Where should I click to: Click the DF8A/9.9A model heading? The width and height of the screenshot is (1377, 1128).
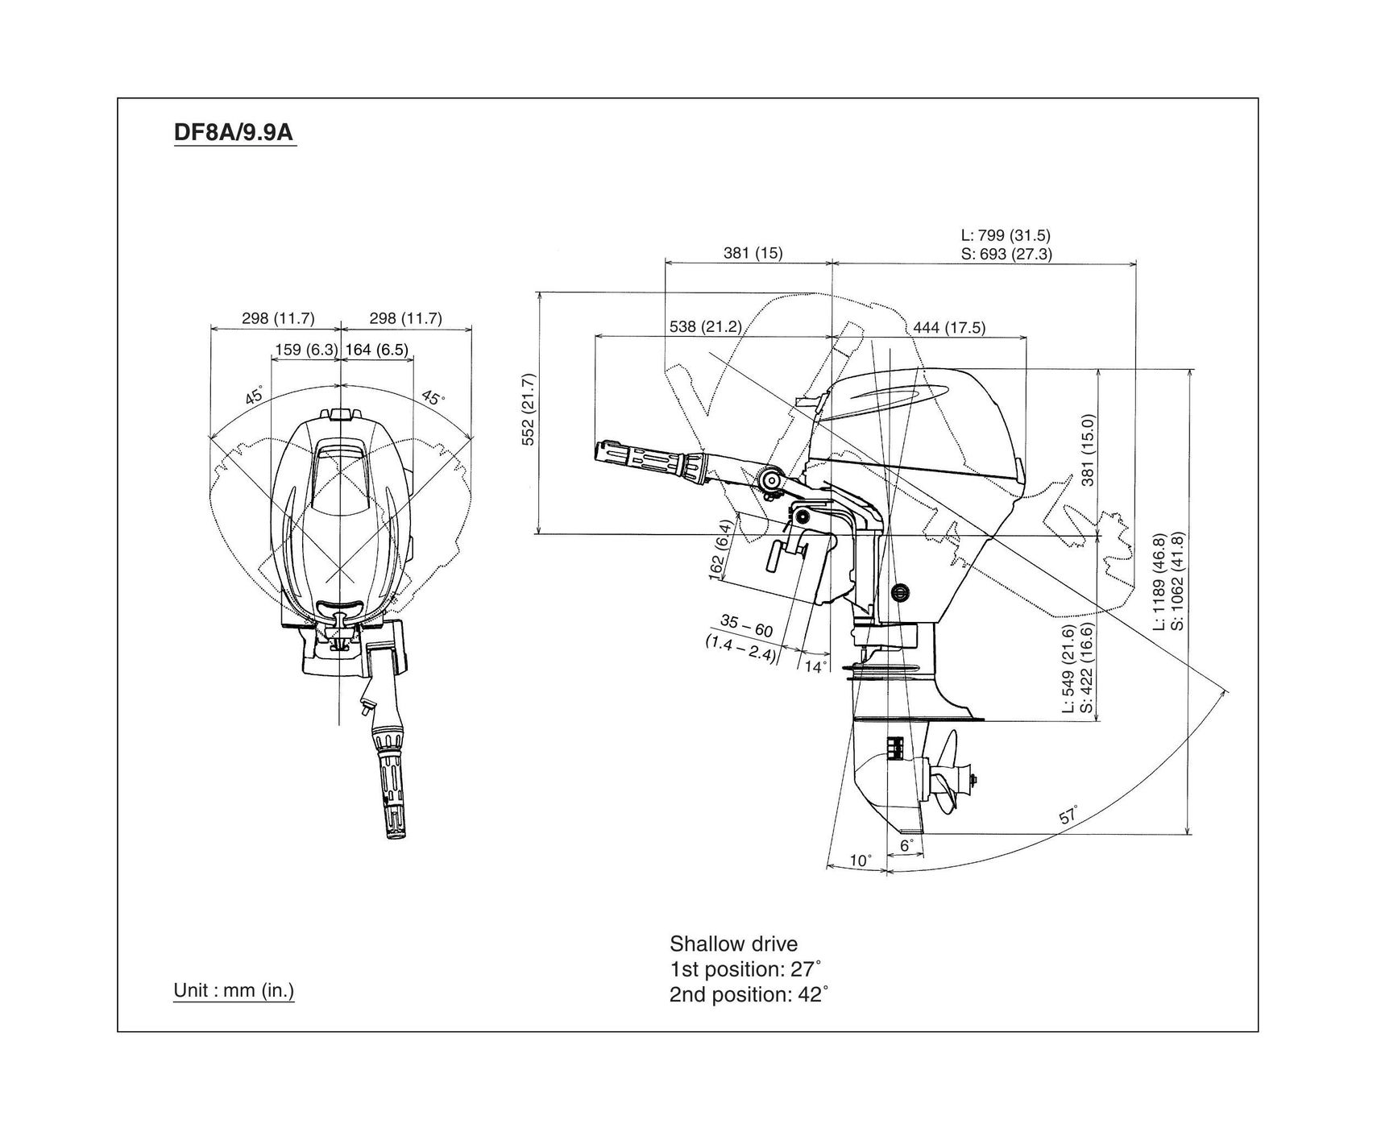(234, 131)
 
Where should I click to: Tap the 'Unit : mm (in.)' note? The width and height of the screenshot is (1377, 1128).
(234, 989)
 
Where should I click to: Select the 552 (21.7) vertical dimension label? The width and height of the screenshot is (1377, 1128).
(529, 409)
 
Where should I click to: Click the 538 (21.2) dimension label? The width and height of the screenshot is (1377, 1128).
(705, 326)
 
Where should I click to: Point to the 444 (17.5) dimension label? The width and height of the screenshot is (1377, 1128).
(949, 327)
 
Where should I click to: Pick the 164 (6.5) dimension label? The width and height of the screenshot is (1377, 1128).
(376, 350)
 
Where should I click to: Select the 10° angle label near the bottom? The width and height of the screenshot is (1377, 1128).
(861, 861)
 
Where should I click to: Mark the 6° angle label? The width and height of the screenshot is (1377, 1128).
(906, 846)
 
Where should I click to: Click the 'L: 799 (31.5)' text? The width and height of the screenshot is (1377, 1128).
(1006, 235)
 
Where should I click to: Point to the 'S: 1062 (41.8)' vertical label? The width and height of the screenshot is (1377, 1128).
(1177, 582)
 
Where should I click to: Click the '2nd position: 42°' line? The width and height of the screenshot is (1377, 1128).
(749, 994)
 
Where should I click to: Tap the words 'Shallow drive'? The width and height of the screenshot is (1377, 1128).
(733, 943)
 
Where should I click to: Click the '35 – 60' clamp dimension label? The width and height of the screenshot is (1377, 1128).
(746, 625)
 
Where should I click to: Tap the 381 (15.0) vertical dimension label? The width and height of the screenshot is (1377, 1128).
(1088, 450)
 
